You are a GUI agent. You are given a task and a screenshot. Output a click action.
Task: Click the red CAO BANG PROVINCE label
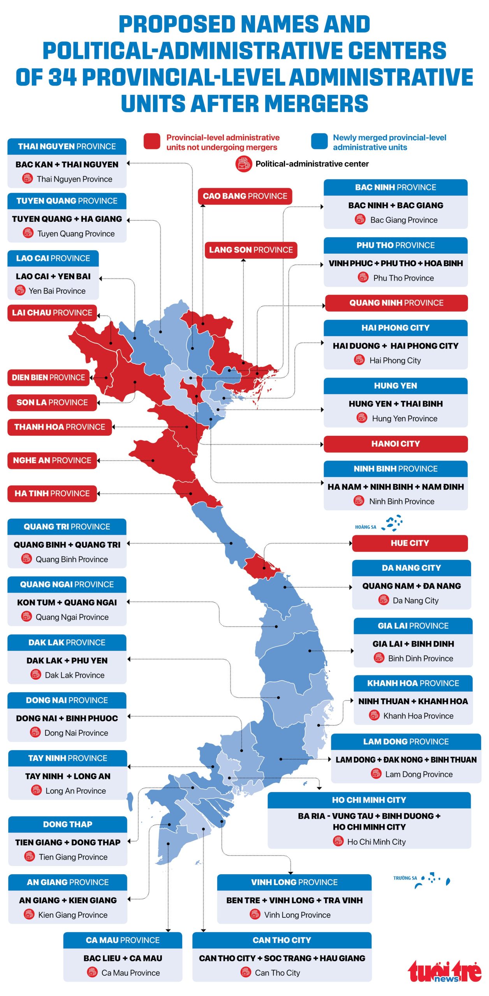(245, 196)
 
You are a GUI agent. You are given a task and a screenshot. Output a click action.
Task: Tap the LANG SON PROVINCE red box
(251, 250)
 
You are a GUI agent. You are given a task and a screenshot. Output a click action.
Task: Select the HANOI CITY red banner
(396, 444)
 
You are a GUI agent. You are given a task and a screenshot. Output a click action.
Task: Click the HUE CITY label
(410, 543)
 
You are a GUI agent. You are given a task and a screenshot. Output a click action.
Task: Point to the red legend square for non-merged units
(152, 142)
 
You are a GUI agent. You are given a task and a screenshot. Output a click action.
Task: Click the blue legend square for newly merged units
(319, 142)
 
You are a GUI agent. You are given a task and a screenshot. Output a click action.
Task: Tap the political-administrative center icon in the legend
(244, 164)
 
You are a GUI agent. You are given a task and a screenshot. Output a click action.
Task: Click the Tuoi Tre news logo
(445, 971)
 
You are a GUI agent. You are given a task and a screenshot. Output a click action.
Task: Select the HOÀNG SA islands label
(365, 527)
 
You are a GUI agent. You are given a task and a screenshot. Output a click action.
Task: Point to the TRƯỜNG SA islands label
(405, 878)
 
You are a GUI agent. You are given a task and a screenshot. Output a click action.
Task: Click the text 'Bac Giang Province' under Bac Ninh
(404, 220)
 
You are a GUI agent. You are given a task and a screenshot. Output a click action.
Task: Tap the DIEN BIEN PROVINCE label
(48, 377)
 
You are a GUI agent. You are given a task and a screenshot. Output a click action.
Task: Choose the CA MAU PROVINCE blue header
(123, 940)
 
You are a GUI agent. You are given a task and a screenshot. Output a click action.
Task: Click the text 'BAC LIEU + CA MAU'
(123, 958)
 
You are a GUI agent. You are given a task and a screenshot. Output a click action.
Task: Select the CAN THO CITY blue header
(281, 940)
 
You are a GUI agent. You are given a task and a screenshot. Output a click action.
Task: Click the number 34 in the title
(62, 77)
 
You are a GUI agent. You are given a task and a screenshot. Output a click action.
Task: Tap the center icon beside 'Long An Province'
(36, 790)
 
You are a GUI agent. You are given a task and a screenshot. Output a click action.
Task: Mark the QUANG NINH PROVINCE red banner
(396, 303)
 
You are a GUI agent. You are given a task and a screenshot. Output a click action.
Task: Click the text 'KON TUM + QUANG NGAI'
(67, 603)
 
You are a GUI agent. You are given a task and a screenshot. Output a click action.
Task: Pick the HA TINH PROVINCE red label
(52, 493)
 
